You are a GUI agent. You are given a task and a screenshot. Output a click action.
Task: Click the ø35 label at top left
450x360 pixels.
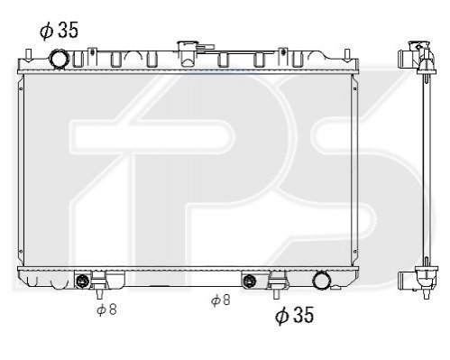59,30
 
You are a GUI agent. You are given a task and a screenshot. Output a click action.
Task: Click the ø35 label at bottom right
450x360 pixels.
294,315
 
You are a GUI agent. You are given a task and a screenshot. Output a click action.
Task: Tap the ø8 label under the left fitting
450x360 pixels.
106,309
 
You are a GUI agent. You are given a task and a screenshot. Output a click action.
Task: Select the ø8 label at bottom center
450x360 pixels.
221,300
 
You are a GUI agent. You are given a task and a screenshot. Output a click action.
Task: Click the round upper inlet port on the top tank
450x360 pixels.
60,60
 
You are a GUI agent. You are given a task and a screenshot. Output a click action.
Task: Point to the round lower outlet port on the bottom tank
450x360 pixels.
322,281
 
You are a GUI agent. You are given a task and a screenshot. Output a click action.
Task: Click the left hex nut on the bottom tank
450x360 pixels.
82,281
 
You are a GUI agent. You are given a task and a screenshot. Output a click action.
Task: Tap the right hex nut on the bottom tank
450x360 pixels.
250,281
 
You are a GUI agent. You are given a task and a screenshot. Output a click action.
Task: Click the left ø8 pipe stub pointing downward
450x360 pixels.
99,294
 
